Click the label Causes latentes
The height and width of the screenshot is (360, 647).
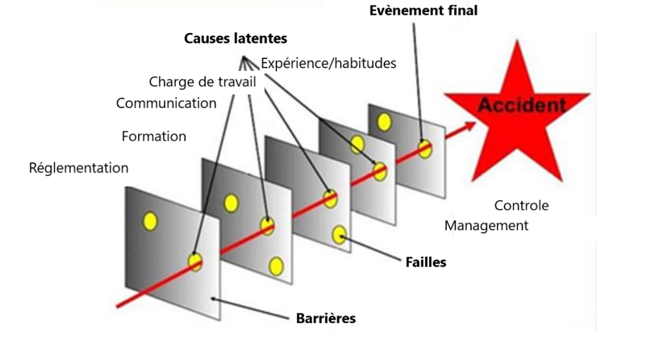235,39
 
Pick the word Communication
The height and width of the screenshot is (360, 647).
166,103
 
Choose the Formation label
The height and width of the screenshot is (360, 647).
153,136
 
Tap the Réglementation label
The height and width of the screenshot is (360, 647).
78,168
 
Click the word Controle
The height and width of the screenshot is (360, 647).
521,206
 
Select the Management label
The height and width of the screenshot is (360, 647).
486,226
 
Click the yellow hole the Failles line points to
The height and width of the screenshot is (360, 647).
340,235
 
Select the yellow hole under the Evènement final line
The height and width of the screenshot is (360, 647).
424,149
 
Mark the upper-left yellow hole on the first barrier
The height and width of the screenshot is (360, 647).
149,220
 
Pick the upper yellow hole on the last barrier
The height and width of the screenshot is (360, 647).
385,122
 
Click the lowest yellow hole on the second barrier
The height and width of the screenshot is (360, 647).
275,266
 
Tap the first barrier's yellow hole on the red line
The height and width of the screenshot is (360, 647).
194,262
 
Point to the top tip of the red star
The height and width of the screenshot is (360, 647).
516,39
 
